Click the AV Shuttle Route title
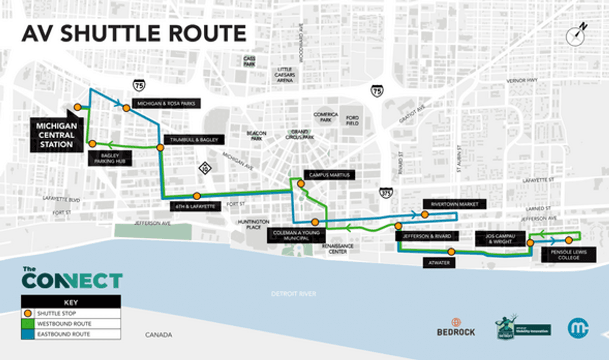click(134, 33)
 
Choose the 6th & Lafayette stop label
click(194, 206)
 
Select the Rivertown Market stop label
click(453, 203)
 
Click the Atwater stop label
click(439, 263)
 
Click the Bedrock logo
click(456, 327)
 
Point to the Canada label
click(158, 335)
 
